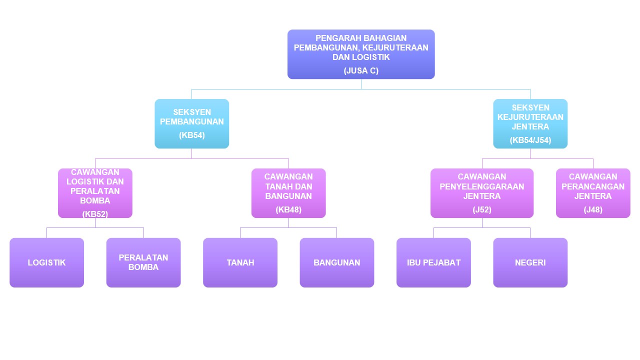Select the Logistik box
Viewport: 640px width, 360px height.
[46, 262]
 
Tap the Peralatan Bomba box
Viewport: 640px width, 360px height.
[143, 262]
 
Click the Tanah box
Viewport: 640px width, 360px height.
[240, 262]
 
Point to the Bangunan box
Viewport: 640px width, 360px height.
[336, 262]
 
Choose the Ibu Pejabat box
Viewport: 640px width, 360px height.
[433, 262]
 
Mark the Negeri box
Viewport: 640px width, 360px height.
[530, 262]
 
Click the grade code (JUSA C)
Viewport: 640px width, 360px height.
[361, 70]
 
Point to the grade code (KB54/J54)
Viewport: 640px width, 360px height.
[530, 140]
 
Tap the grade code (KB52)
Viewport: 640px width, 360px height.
[95, 214]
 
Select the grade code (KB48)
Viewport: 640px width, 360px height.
[288, 209]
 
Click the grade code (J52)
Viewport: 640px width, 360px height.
[482, 209]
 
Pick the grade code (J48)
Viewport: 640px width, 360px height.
[593, 209]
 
